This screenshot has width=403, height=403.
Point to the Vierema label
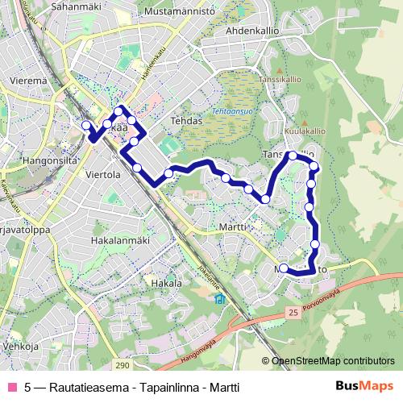[x=28, y=81]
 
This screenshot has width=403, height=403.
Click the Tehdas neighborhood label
[x=185, y=120]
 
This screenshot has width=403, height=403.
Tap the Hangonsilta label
[x=27, y=160]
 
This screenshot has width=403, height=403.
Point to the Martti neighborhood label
[x=233, y=228]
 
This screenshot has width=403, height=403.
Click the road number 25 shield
[x=292, y=311]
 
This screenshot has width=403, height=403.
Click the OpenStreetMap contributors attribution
[x=329, y=362]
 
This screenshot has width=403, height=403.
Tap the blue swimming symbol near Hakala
[x=219, y=301]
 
